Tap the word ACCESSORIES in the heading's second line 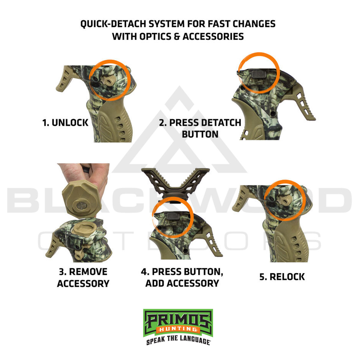point(213,37)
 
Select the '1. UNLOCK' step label point(65,123)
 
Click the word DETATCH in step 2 point(220,123)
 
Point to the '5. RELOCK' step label point(282,277)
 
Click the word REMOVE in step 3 point(88,272)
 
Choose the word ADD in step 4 point(155,283)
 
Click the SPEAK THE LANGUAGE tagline point(178,340)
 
